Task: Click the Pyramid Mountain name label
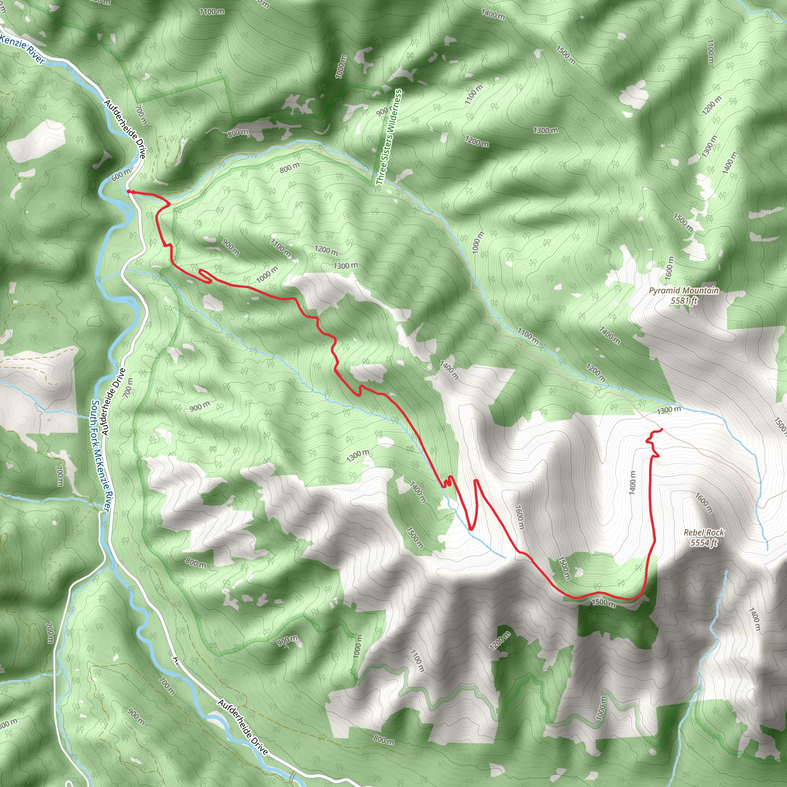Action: [x=684, y=291]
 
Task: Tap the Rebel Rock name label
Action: [x=704, y=532]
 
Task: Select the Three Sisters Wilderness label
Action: [x=389, y=137]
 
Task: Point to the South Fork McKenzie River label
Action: [x=100, y=455]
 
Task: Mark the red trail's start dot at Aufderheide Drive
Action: [x=129, y=191]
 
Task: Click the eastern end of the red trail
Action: [x=662, y=429]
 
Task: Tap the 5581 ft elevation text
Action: [x=684, y=301]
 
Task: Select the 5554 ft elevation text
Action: [x=704, y=542]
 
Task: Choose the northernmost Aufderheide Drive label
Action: [x=124, y=129]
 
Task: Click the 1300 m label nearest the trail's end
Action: [x=669, y=410]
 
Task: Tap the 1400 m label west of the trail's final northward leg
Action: [x=632, y=483]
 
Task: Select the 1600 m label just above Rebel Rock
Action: [x=704, y=503]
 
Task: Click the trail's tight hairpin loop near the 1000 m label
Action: [x=206, y=276]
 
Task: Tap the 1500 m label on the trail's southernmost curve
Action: [x=603, y=602]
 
